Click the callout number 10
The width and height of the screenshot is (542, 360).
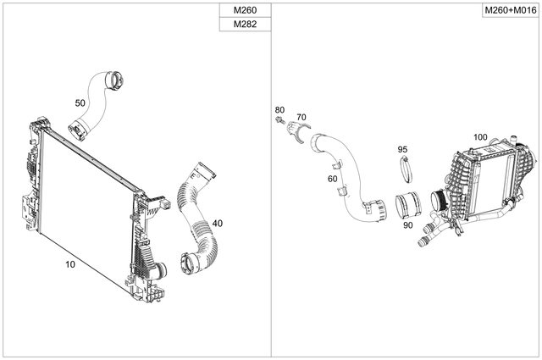[x=70, y=264]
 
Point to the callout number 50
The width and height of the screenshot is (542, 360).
[x=80, y=102]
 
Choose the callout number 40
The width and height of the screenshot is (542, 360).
[x=218, y=223]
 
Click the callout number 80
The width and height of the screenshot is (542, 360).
[x=279, y=109]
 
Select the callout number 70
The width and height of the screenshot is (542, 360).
[x=301, y=117]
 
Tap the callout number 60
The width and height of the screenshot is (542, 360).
[x=332, y=179]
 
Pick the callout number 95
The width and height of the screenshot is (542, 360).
[x=403, y=149]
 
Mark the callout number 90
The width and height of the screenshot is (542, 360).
[x=407, y=225]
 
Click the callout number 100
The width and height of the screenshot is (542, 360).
[x=480, y=136]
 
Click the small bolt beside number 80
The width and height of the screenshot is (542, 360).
[x=279, y=124]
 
